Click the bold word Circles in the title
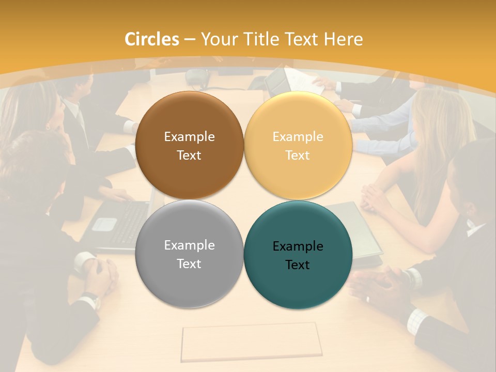point(152,39)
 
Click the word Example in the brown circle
point(189,137)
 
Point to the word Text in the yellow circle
point(298,156)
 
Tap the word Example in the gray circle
point(189,245)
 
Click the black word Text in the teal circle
point(298,265)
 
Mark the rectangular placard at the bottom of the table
point(252,342)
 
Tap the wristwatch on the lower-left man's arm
point(91,299)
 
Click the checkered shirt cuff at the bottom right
point(417,321)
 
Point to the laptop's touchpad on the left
point(105,224)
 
